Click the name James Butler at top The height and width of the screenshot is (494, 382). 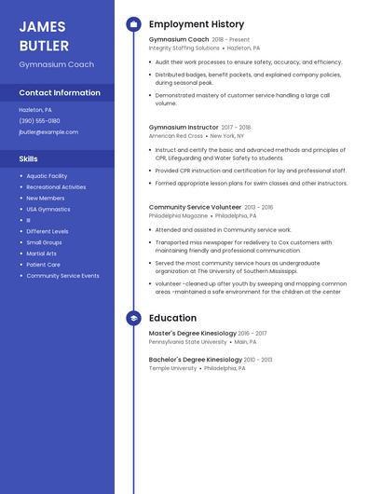[x=44, y=35]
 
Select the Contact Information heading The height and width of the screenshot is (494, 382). [x=60, y=93]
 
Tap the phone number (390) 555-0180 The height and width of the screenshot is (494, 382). [x=39, y=121]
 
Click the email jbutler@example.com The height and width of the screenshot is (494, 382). [x=48, y=132]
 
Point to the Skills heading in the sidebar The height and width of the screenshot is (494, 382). [x=28, y=159]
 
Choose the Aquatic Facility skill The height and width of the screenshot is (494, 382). [x=47, y=176]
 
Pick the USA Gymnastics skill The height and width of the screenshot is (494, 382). [x=48, y=210]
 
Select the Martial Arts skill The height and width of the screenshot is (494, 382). [x=41, y=254]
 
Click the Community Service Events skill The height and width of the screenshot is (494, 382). [x=62, y=276]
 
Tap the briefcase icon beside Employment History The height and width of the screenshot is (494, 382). [x=133, y=24]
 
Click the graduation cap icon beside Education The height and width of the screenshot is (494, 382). [x=133, y=318]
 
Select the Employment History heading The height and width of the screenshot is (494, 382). [x=197, y=24]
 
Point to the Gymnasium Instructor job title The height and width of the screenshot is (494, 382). [x=184, y=127]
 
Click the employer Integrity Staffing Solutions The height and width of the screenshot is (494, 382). [x=184, y=48]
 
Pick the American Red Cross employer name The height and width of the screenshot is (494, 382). [x=176, y=136]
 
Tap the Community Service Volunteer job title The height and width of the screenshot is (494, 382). [x=195, y=207]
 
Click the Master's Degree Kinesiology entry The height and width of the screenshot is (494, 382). [x=192, y=333]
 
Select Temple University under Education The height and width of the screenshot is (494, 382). [x=173, y=368]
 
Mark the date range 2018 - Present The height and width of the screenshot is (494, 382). [x=231, y=40]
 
